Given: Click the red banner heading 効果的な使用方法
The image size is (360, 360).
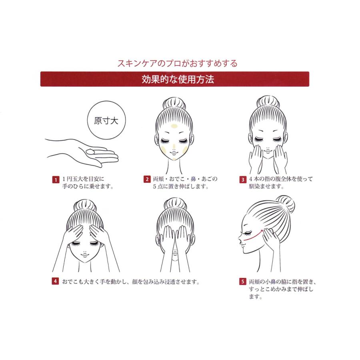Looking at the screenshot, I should click(174, 79).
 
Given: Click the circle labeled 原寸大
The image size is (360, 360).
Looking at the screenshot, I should click(104, 121).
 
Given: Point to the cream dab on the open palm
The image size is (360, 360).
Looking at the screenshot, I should click(91, 152).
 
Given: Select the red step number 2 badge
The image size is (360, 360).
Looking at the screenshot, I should click(147, 179).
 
